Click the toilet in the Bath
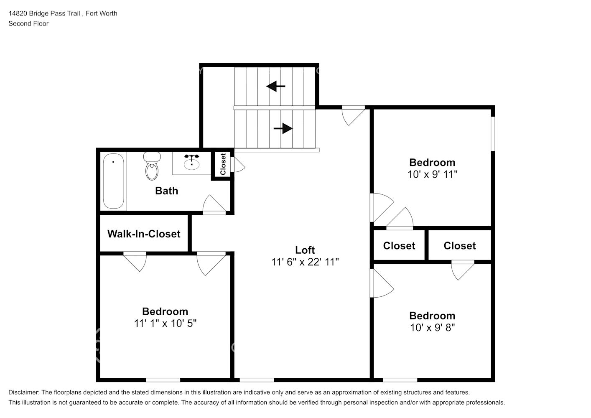point(152,166)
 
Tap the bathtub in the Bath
point(113,181)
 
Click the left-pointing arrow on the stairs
point(276,86)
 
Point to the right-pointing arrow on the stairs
point(283,128)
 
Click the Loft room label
point(305,250)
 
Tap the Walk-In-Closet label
point(144,234)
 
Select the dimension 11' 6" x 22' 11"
point(305,262)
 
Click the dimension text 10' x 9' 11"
point(432,174)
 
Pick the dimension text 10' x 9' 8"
point(432,328)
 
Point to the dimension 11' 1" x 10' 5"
point(165,323)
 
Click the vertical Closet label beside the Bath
point(223,164)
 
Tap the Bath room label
point(166,191)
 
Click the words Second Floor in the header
point(28,23)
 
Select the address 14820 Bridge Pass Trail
point(44,13)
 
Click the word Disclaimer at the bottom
point(24,393)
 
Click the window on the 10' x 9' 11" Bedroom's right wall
point(493,134)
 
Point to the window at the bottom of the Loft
point(257,380)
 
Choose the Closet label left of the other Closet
point(399,246)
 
